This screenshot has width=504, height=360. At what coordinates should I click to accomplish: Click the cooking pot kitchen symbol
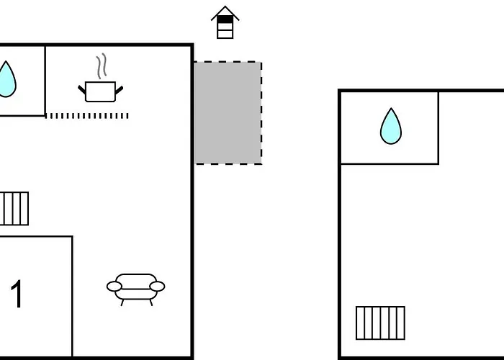coord(101,91)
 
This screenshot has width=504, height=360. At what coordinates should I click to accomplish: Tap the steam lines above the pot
coord(102,66)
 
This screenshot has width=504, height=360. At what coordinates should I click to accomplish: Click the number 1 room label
coord(17,294)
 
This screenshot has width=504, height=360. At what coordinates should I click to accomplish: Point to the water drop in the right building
coord(391,126)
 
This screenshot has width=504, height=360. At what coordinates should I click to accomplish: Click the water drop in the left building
coord(6,79)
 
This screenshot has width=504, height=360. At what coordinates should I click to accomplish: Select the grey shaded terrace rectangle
coord(228,113)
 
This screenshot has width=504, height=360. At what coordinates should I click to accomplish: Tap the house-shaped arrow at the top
coord(225,22)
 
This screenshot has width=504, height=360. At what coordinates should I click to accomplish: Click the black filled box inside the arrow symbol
coord(225,19)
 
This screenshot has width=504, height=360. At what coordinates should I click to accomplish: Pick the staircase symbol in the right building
coord(380,323)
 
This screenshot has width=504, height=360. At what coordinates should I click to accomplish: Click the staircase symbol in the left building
coord(14,209)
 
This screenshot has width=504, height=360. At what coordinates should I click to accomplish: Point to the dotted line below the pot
coord(87,116)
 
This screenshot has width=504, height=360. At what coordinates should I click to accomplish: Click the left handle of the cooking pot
coord(82,90)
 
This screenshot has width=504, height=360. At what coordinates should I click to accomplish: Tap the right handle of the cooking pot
coord(119,90)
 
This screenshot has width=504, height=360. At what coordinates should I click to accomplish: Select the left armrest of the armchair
coord(114,286)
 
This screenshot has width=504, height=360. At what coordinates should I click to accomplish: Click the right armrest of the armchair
coord(157,286)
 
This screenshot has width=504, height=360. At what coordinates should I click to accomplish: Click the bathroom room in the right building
coord(390,127)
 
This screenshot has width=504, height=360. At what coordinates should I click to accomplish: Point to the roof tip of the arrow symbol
coord(225,6)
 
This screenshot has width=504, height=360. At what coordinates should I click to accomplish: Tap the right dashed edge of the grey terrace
coord(261,113)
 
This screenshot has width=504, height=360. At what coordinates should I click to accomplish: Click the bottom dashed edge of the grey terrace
coord(228,164)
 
